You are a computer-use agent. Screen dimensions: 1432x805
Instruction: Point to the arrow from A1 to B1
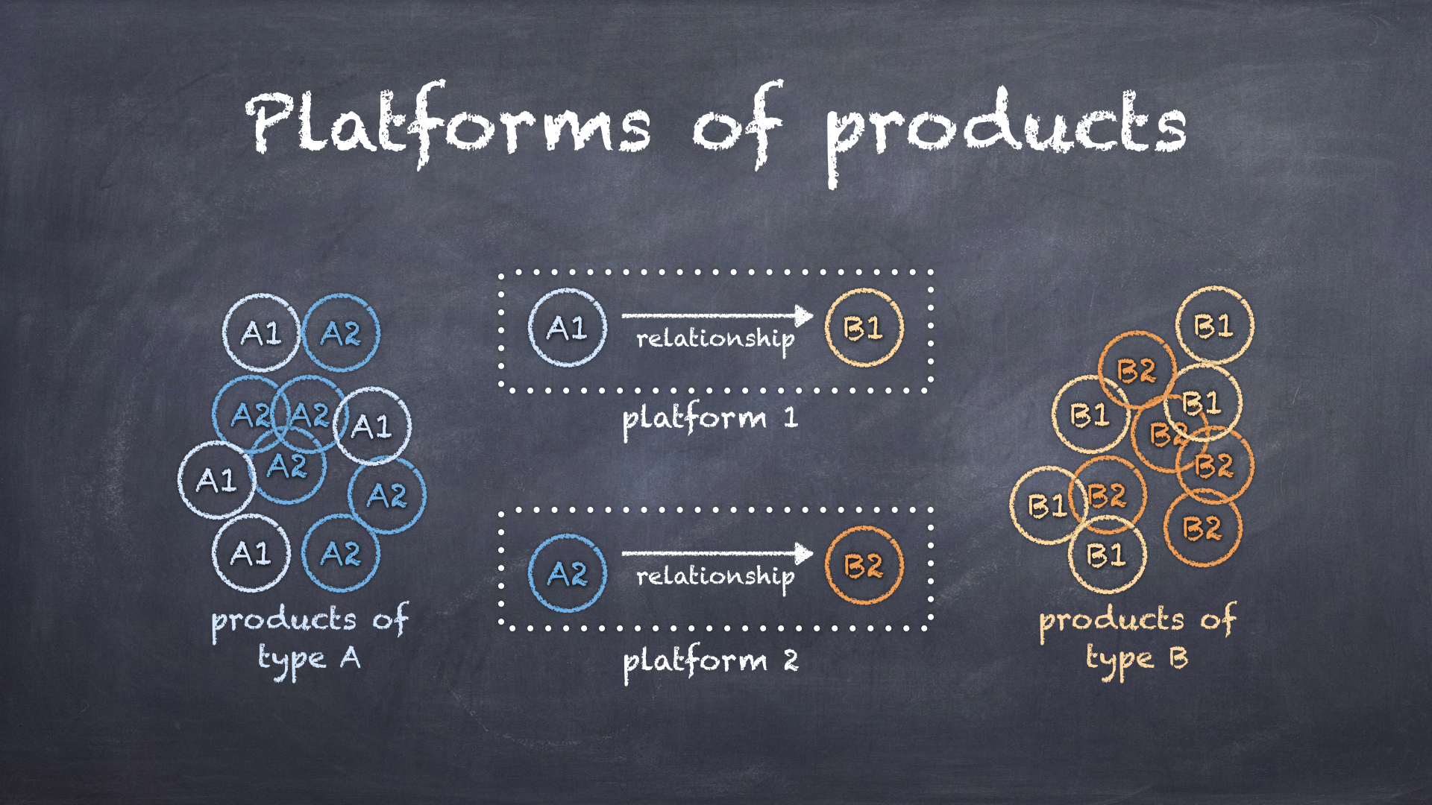coord(717,315)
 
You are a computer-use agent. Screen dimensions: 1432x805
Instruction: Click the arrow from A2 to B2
coord(717,553)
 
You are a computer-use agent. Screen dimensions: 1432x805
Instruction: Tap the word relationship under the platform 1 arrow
coord(715,341)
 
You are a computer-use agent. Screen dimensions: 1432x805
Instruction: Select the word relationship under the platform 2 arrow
coord(715,578)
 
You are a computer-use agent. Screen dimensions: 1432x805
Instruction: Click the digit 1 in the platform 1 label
coord(791,417)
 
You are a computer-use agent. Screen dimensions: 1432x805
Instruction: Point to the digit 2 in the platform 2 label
coord(791,660)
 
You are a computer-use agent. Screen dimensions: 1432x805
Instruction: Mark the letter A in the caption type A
coord(351,657)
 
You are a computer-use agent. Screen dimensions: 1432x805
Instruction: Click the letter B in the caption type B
coord(1178,657)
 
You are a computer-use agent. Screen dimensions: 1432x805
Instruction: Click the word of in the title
coord(738,124)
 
